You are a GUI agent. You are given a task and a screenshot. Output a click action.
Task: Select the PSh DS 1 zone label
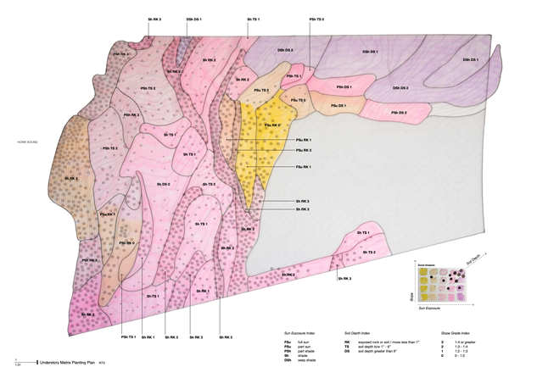click(343, 87)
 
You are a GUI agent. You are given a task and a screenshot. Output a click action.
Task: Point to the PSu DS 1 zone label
click(337, 105)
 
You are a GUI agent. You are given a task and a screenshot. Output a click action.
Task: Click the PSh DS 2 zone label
click(398, 113)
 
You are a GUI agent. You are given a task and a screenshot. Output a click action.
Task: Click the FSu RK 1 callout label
click(304, 167)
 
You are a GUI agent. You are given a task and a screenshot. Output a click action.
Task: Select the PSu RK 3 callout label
click(304, 150)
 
